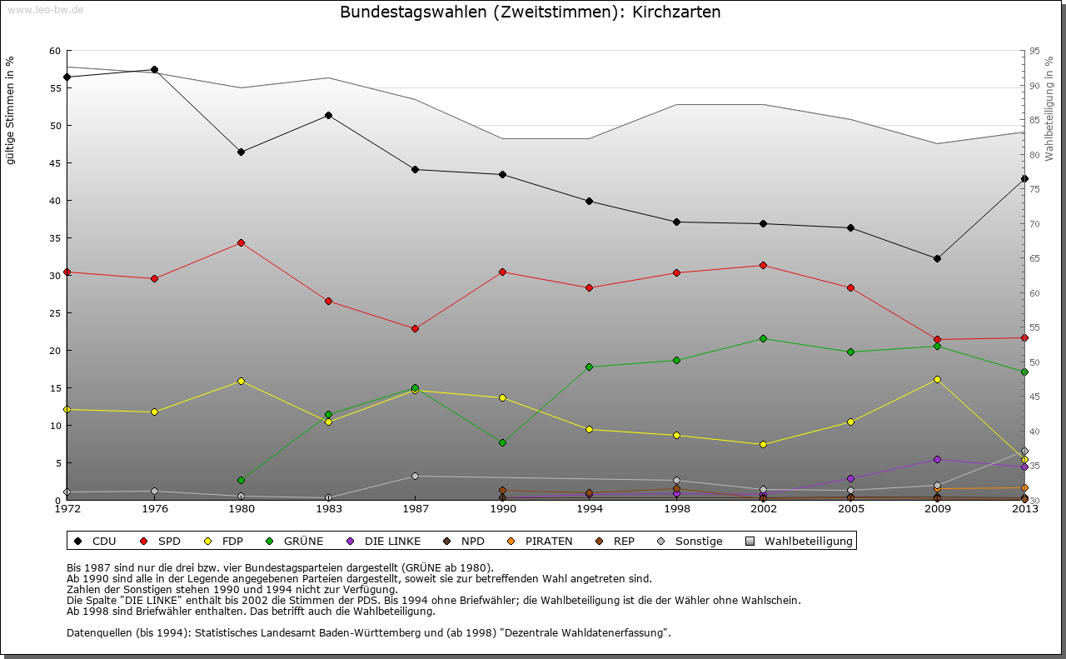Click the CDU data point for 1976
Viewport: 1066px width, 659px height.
(154, 70)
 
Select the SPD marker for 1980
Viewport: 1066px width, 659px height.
(241, 242)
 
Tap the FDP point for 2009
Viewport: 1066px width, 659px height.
(937, 379)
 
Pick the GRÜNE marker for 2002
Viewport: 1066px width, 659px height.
(763, 338)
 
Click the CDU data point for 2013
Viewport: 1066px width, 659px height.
(1024, 178)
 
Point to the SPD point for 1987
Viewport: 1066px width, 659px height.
(415, 328)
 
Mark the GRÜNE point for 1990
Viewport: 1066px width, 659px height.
(502, 442)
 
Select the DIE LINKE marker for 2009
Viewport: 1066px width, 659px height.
(937, 459)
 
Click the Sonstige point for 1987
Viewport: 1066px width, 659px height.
(415, 476)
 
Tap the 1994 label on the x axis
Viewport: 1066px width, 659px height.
(589, 508)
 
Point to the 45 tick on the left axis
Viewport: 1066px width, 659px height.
(56, 163)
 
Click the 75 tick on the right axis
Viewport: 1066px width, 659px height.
(1034, 189)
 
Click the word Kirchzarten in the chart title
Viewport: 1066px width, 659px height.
(676, 12)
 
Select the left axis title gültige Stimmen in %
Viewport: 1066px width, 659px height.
(11, 110)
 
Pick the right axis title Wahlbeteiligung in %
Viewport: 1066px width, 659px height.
(1049, 108)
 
